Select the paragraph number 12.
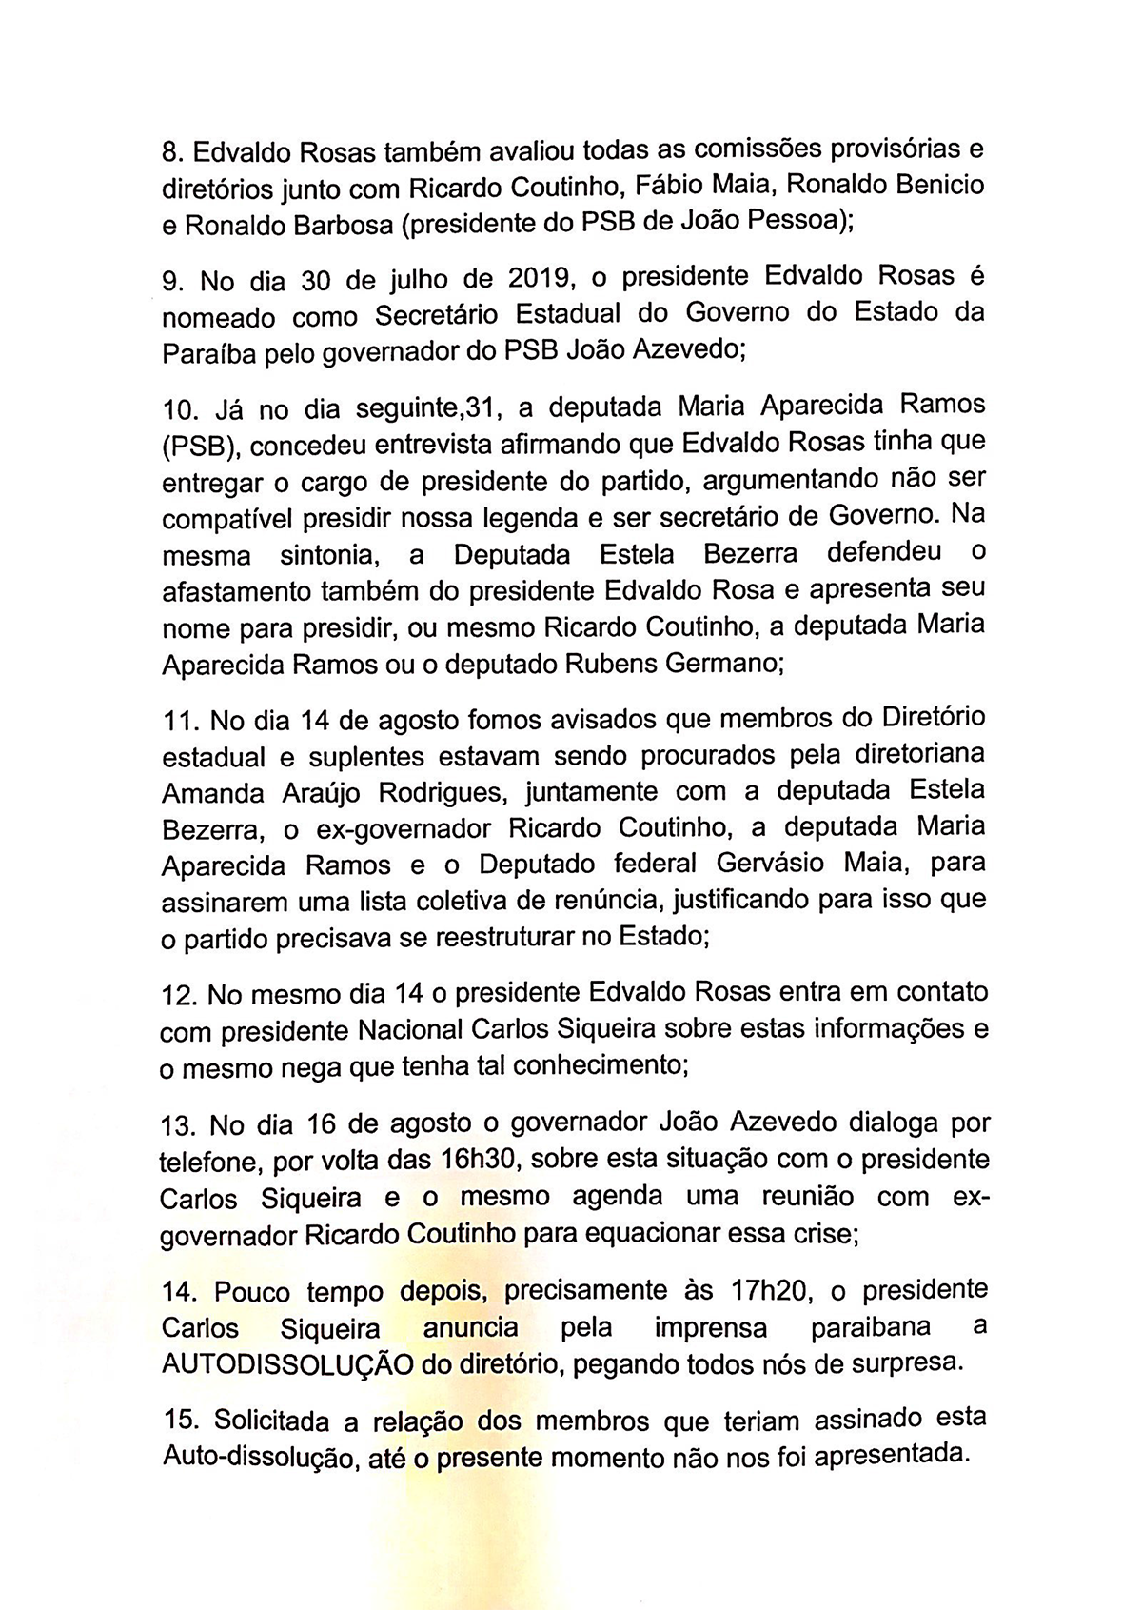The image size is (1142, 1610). pyautogui.click(x=178, y=995)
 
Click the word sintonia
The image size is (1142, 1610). pyautogui.click(x=329, y=554)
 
